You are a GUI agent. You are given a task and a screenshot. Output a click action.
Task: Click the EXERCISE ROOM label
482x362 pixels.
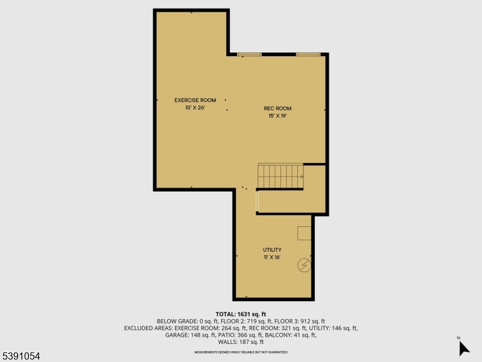[195, 100]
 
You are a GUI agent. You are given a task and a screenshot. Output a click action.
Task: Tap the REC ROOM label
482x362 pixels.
[277, 109]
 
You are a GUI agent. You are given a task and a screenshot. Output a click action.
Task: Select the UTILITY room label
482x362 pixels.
[272, 250]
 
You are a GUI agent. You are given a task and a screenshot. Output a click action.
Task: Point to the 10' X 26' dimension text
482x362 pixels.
[195, 107]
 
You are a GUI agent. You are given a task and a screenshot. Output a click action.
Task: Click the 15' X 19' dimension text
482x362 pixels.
[277, 116]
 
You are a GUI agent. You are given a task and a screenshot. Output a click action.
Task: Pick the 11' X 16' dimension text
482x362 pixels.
[272, 257]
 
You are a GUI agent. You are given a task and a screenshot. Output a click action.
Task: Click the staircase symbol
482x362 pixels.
[281, 176]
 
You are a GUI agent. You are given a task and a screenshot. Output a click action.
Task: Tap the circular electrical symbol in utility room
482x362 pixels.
[305, 265]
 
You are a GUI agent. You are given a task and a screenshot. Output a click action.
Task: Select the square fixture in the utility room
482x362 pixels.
[304, 233]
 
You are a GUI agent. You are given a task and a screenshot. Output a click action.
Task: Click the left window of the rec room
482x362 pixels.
[249, 54]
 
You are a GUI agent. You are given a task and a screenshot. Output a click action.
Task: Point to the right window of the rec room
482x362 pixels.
[307, 54]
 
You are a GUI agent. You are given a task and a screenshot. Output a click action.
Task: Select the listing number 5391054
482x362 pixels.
[21, 357]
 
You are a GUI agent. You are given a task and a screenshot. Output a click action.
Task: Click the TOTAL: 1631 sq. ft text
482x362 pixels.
[241, 314]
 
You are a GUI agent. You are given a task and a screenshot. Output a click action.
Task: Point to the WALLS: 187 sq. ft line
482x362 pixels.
[241, 342]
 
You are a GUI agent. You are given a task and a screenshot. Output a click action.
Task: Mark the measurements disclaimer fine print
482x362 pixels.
[241, 352]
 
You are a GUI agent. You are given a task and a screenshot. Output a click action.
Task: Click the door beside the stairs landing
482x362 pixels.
[258, 202]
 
